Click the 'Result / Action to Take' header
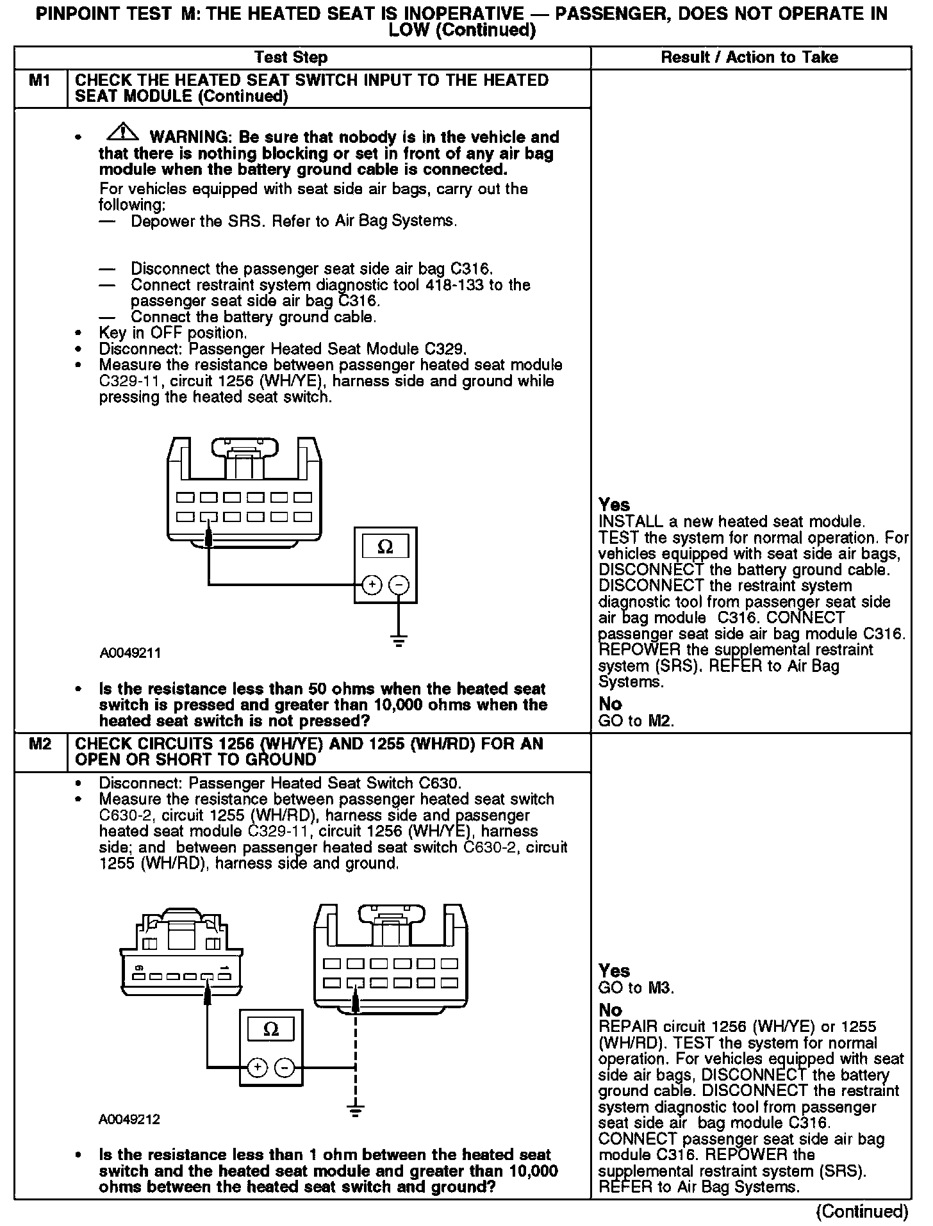749,58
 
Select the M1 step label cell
40,81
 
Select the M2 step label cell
40,744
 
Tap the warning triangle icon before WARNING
123,134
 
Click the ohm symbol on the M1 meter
385,547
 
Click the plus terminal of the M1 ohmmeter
372,585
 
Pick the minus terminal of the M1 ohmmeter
399,585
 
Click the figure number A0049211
130,653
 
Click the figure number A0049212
130,1120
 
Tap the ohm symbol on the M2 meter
270,1030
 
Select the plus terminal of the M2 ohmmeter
257,1067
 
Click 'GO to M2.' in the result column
636,721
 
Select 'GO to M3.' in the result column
636,988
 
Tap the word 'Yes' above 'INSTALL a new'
614,505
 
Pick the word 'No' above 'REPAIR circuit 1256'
610,1010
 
